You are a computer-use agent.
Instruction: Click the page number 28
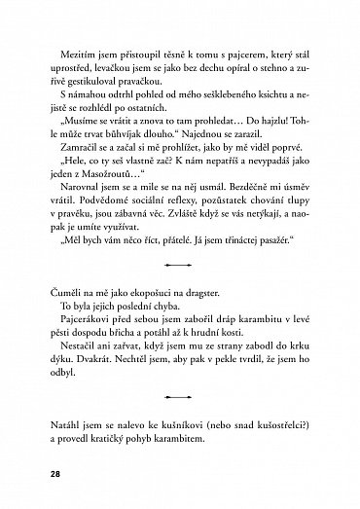pyautogui.click(x=40, y=475)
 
